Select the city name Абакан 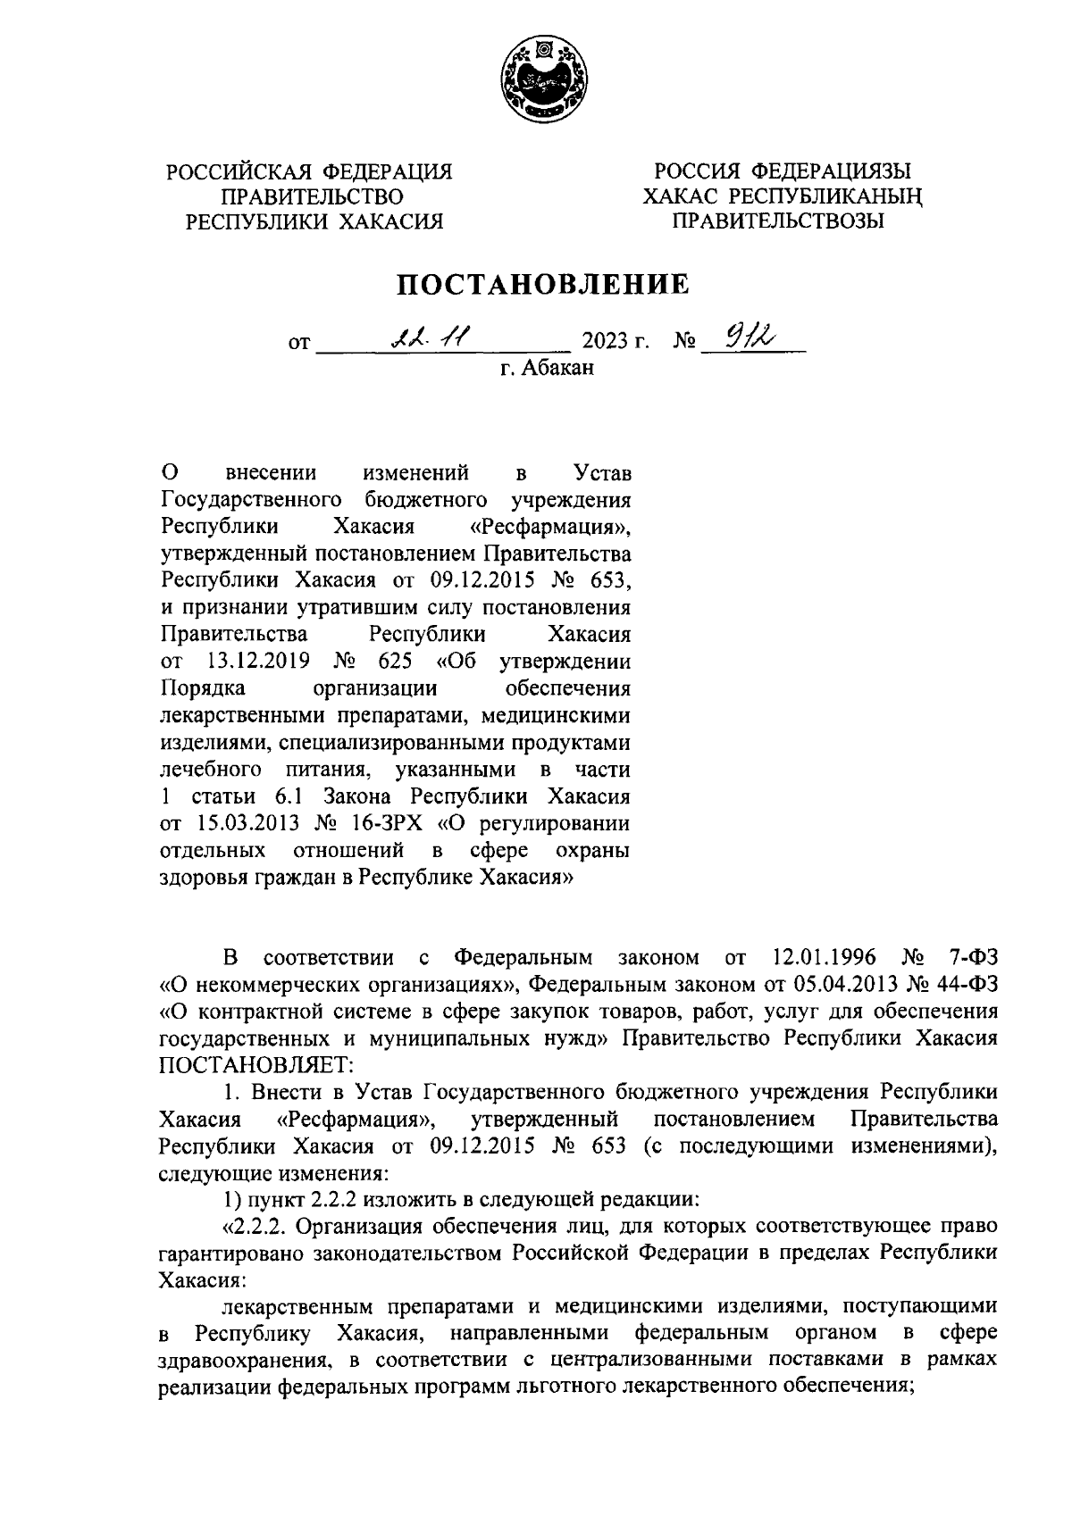(558, 367)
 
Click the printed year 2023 (605, 342)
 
